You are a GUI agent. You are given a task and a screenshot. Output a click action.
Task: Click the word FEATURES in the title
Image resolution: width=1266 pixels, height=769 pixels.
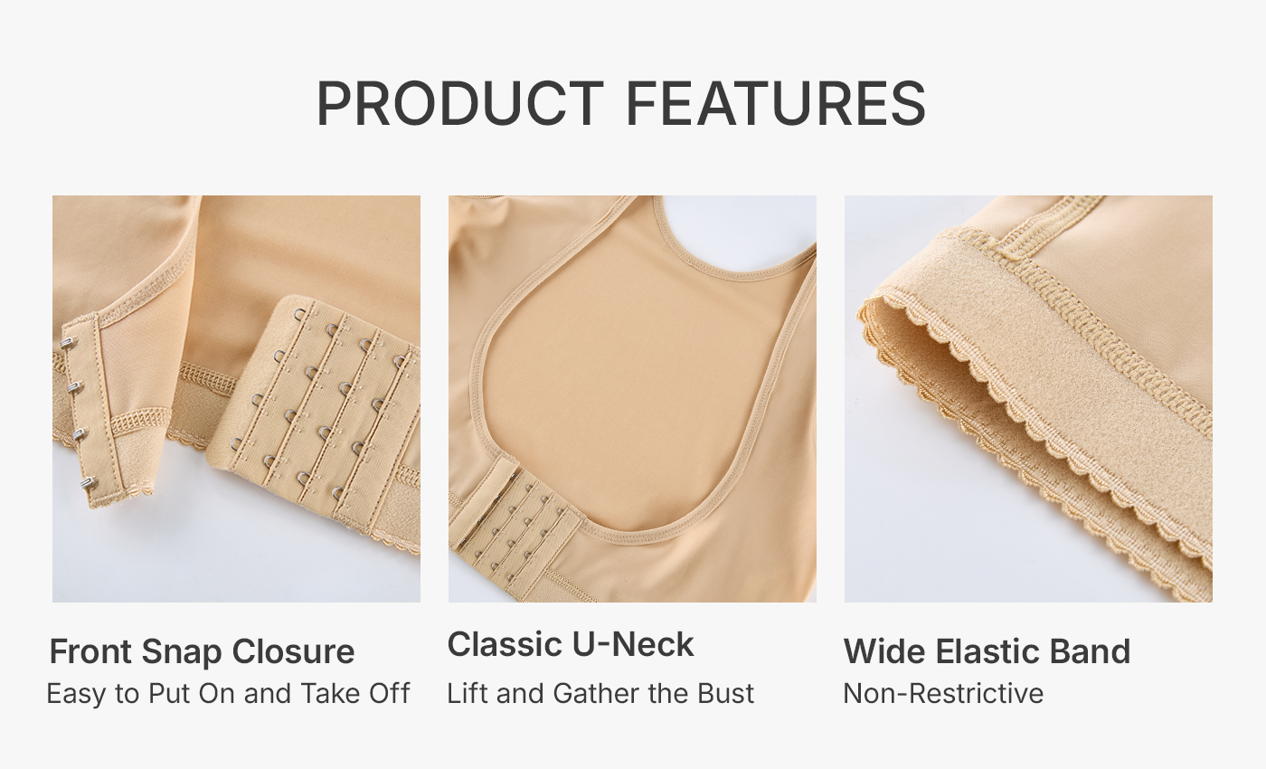pos(777,103)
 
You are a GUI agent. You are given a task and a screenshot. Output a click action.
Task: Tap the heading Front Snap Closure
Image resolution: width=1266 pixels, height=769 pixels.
pos(202,651)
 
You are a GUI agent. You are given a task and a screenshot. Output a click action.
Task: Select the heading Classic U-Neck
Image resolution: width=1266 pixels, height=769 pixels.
pos(571,644)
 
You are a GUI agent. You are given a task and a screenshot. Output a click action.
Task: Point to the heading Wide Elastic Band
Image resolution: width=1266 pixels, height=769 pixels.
pos(987,651)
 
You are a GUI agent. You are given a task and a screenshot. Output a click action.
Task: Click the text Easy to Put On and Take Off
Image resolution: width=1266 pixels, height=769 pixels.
pos(228,694)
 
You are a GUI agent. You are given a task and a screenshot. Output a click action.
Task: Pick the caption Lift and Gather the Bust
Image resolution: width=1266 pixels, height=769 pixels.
pos(600,693)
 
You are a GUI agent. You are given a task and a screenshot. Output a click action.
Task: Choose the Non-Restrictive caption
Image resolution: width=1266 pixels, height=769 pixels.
pos(943,693)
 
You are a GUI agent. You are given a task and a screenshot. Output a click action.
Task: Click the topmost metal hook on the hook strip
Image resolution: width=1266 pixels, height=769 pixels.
pos(68,343)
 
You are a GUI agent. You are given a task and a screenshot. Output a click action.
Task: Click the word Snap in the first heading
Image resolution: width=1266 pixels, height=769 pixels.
pos(182,652)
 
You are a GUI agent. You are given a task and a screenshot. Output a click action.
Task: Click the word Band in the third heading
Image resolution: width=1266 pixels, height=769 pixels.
pos(1091,651)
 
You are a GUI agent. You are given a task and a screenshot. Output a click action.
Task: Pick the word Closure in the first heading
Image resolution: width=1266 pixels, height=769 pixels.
pos(293,651)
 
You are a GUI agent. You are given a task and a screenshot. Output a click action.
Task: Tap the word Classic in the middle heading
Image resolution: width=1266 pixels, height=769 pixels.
pos(505,644)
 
